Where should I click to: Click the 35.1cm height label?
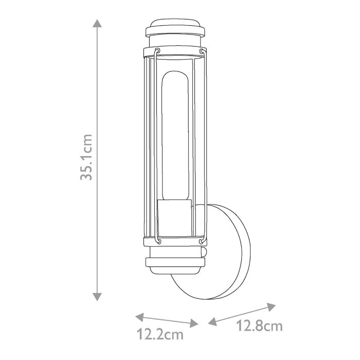tap(86, 157)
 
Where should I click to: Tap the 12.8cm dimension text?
tap(259, 326)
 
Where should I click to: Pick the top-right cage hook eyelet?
tap(201, 51)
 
